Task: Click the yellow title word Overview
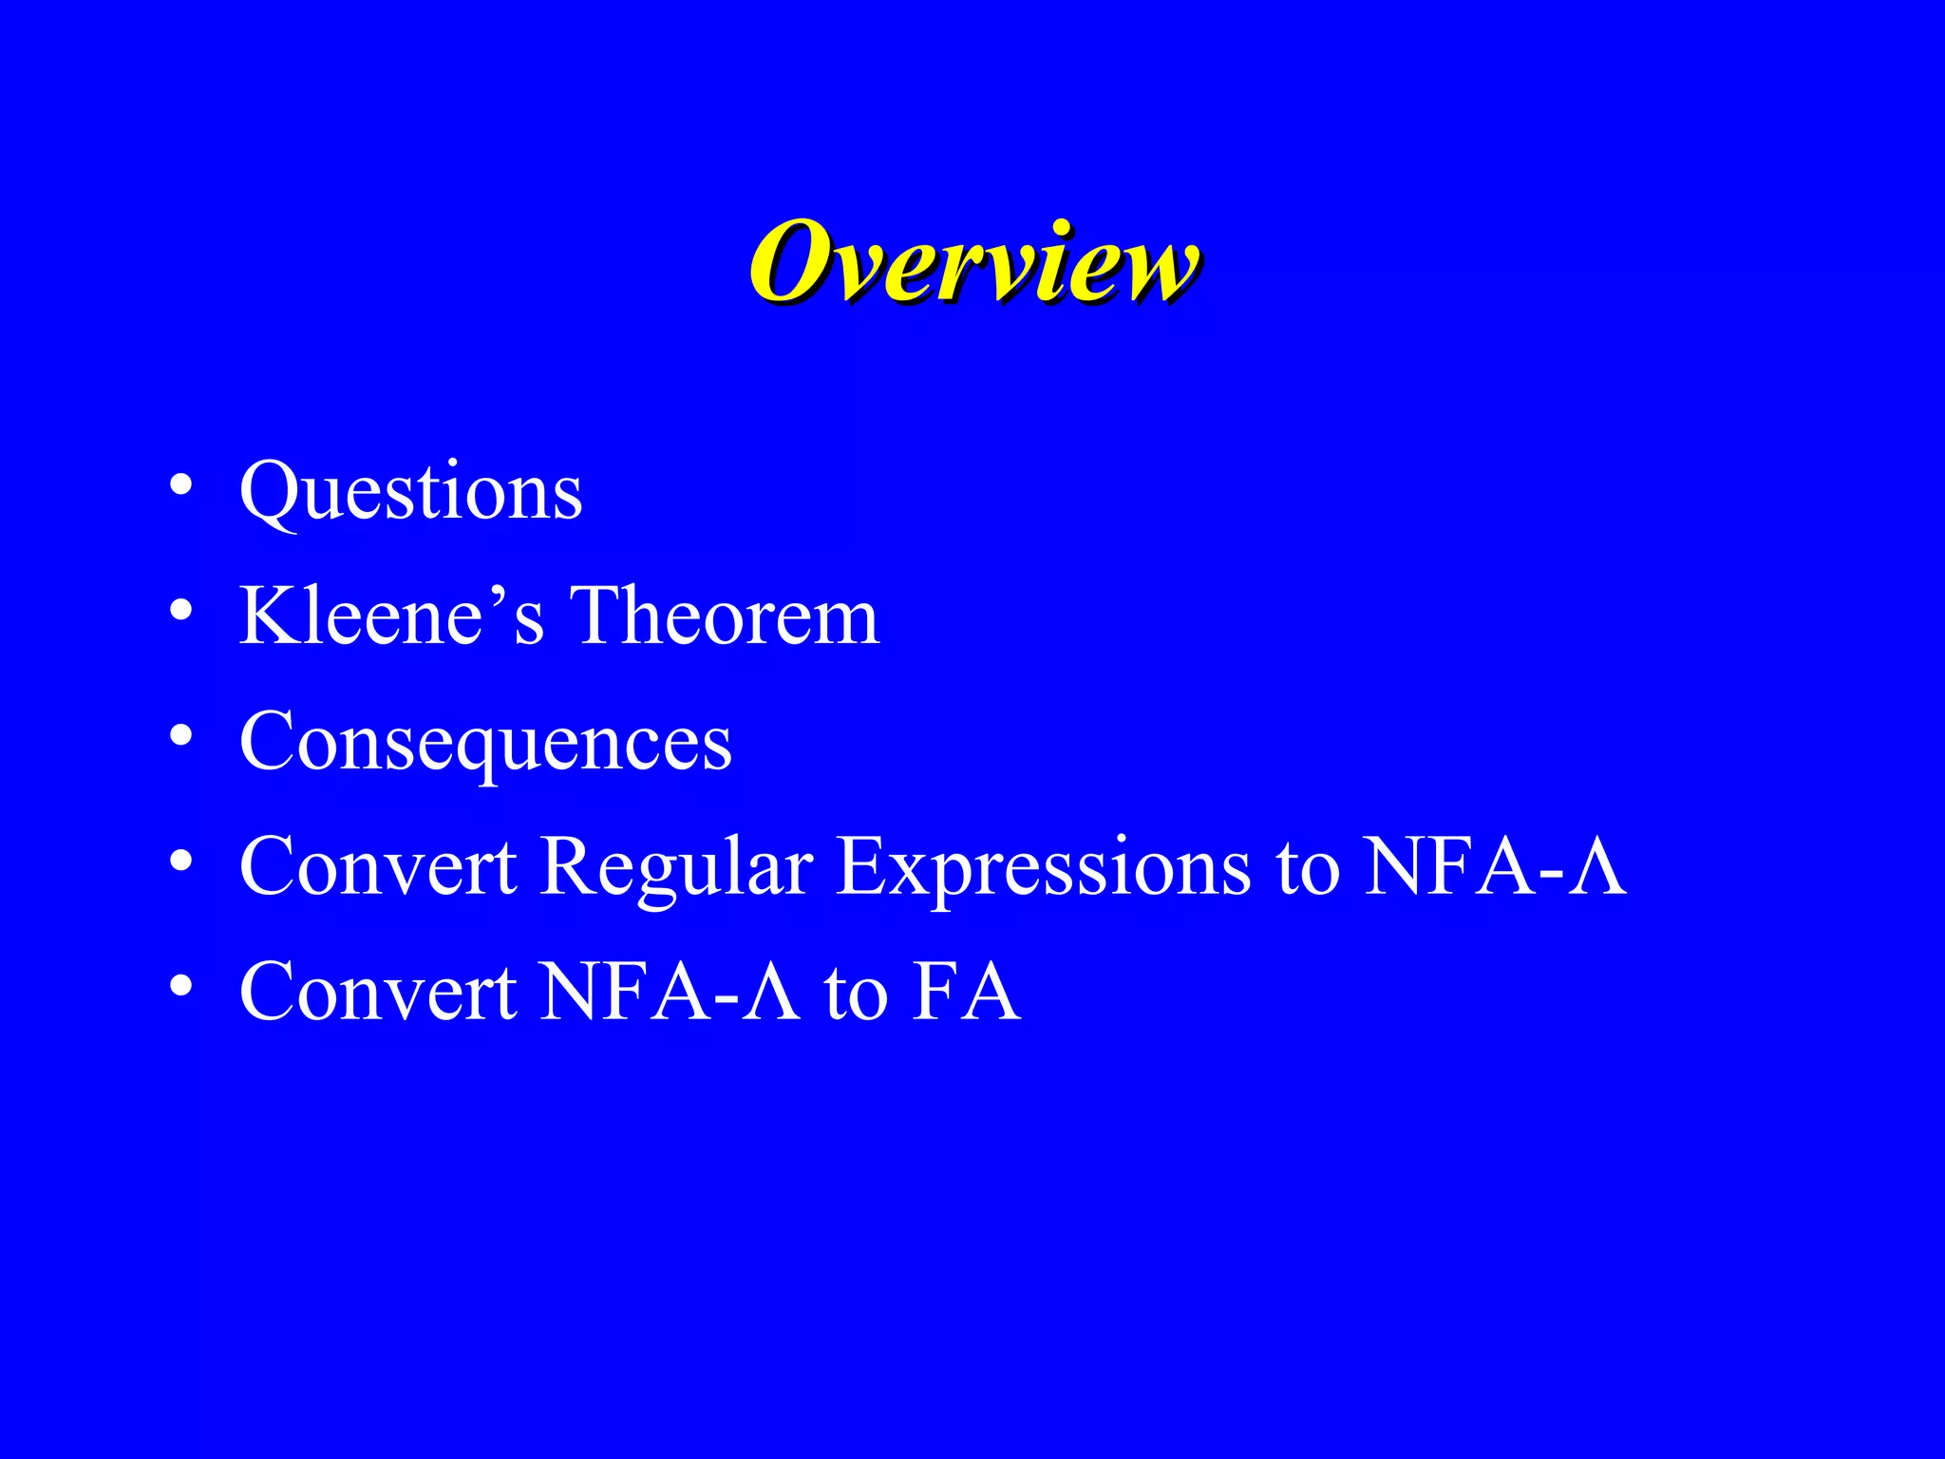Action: point(973,261)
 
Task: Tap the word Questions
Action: point(410,492)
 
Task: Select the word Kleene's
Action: point(391,616)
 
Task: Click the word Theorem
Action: point(724,616)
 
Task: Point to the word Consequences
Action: point(485,743)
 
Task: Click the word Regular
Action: point(676,867)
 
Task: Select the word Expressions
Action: point(1044,867)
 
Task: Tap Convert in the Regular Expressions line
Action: point(378,867)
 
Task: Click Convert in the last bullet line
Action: point(378,993)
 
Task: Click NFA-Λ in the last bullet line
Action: point(670,993)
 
